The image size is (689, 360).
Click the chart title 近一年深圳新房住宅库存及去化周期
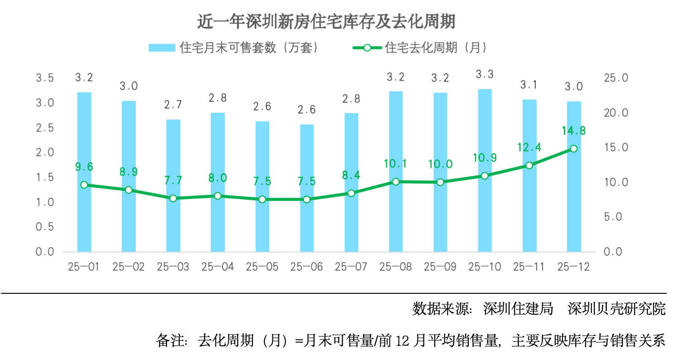pyautogui.click(x=326, y=21)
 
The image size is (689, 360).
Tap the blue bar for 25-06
pyautogui.click(x=306, y=227)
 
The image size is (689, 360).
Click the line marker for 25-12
pyautogui.click(x=573, y=149)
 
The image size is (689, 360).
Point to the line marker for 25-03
pyautogui.click(x=173, y=198)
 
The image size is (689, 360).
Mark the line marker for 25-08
pyautogui.click(x=395, y=181)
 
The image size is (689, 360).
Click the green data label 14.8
pyautogui.click(x=573, y=131)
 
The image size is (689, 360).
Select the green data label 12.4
pyautogui.click(x=529, y=147)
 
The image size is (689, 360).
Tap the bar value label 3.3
pyautogui.click(x=485, y=74)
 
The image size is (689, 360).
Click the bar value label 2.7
pyautogui.click(x=173, y=105)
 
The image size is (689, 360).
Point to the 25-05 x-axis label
pyautogui.click(x=262, y=267)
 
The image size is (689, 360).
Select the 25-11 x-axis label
pyautogui.click(x=529, y=267)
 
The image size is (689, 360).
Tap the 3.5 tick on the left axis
pyautogui.click(x=45, y=78)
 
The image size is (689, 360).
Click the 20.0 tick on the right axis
pyautogui.click(x=616, y=113)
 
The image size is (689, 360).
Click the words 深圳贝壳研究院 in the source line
pyautogui.click(x=616, y=309)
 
